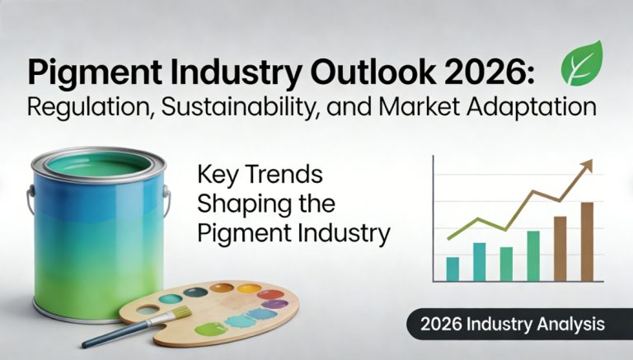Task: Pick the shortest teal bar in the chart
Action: [x=452, y=269]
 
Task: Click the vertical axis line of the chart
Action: [x=434, y=218]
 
